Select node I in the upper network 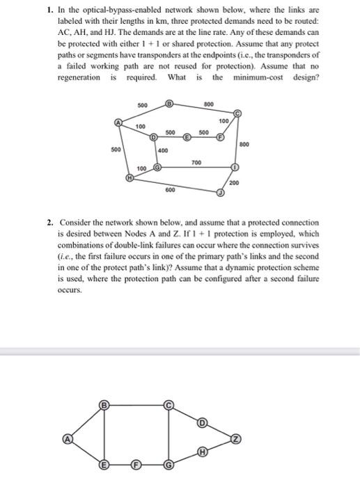coord(235,168)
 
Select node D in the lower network coord(203,423)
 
